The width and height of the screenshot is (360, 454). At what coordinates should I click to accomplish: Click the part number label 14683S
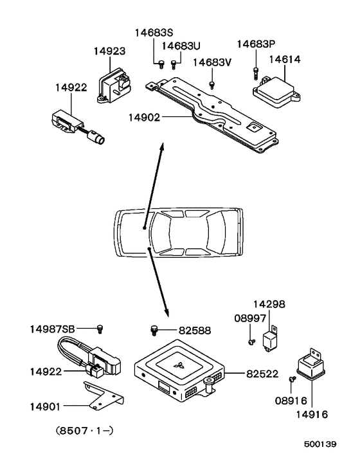pos(154,33)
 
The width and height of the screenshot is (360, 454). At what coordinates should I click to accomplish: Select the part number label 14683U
pos(181,46)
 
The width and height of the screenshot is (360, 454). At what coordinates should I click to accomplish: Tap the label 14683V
pos(212,63)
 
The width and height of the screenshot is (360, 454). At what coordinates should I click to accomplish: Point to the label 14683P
pos(256,44)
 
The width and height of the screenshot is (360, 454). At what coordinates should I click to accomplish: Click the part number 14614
pos(285,59)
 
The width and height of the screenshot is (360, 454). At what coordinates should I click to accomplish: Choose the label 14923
pos(109,51)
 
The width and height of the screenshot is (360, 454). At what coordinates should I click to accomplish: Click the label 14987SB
pos(52,329)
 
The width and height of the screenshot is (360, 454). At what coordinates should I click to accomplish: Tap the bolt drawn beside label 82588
pos(154,330)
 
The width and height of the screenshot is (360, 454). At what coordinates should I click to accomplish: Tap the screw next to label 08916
pos(292,381)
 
